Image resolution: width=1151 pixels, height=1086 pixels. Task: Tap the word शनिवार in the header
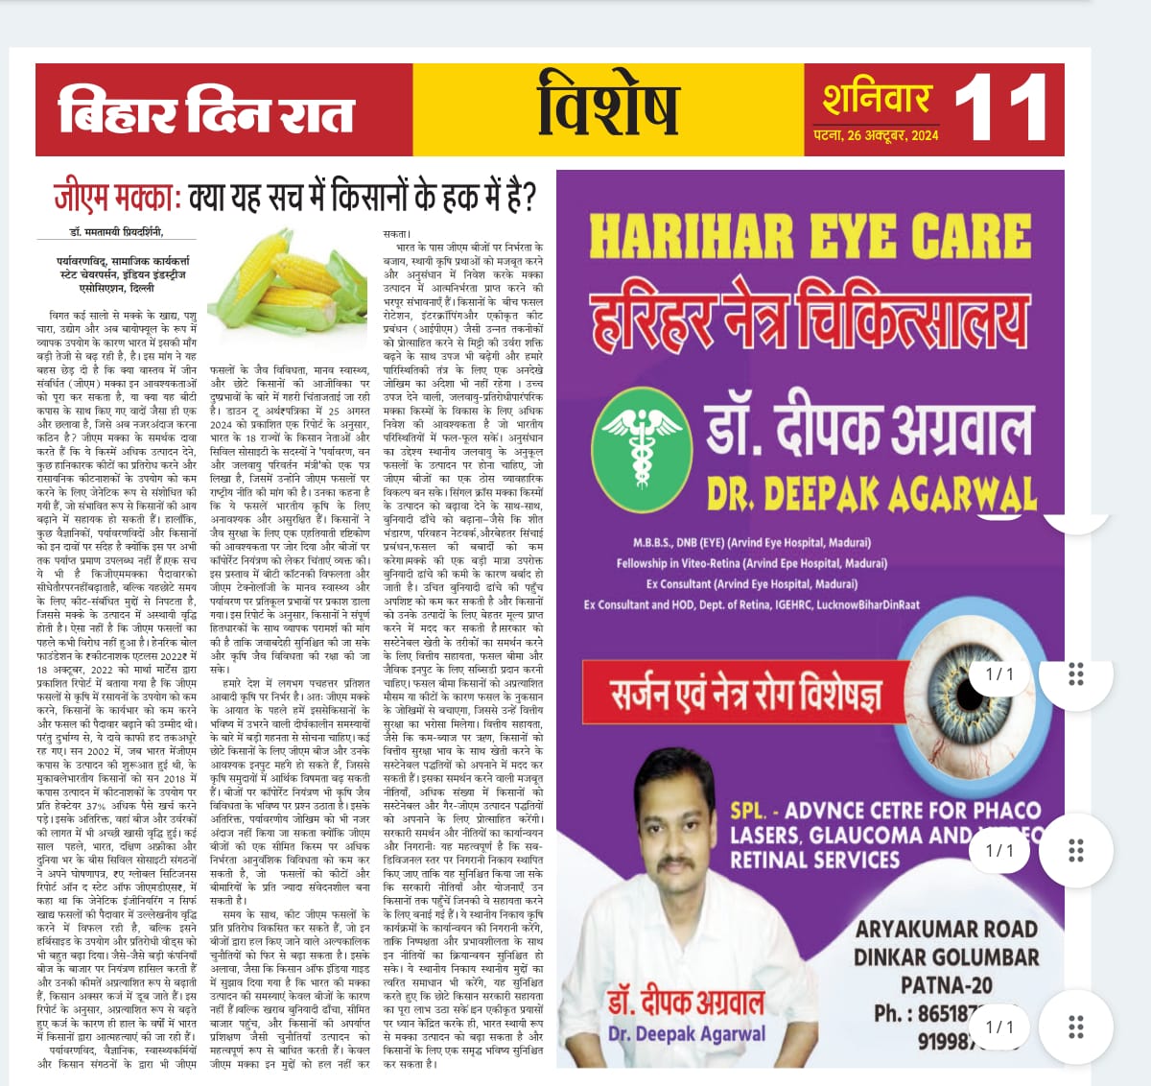click(x=877, y=99)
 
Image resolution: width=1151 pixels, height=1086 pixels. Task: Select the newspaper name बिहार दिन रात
click(x=206, y=111)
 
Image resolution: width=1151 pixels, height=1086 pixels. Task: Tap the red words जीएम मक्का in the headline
click(x=118, y=197)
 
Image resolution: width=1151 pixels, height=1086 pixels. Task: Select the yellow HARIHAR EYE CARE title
click(x=810, y=236)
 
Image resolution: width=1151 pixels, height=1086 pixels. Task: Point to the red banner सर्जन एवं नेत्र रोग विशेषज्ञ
click(x=745, y=694)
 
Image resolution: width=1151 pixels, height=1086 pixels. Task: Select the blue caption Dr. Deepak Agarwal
click(x=687, y=1033)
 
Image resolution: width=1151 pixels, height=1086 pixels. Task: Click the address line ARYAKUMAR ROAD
click(x=946, y=929)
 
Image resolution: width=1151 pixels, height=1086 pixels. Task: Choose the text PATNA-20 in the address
click(x=946, y=984)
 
